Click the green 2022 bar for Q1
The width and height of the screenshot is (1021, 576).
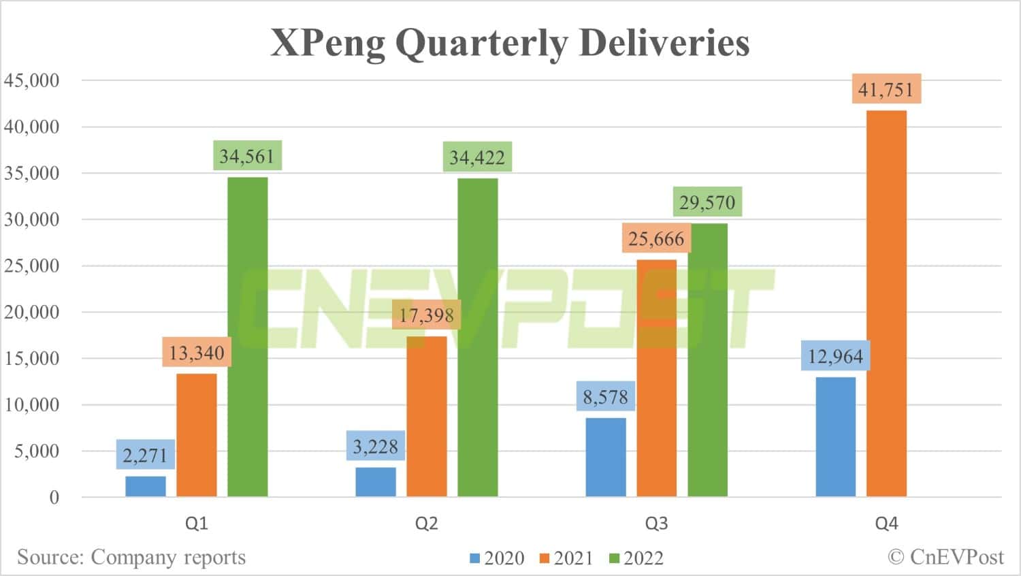(247, 337)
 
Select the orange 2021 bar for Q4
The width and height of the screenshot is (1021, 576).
(886, 304)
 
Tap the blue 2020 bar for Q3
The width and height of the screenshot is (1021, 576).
(606, 457)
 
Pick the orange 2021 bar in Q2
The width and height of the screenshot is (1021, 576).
(427, 416)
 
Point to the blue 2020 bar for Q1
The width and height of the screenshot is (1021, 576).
(146, 486)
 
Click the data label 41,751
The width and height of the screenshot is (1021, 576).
(886, 89)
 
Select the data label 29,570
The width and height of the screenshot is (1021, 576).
(707, 202)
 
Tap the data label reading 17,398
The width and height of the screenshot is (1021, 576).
(426, 315)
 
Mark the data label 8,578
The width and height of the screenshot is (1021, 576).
(605, 396)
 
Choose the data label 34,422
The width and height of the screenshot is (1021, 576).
(476, 157)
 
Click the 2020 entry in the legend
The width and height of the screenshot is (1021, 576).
(497, 558)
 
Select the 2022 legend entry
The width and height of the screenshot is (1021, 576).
(636, 558)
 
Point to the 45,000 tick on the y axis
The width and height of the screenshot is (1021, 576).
(32, 80)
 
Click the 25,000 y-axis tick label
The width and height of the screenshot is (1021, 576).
(32, 266)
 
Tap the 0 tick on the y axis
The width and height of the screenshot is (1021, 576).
(54, 497)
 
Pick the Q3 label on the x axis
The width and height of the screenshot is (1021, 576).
(656, 524)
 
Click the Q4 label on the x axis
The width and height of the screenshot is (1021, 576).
(886, 524)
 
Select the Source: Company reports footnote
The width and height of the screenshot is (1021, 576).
(131, 557)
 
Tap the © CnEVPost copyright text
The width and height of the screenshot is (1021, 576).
(945, 557)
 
